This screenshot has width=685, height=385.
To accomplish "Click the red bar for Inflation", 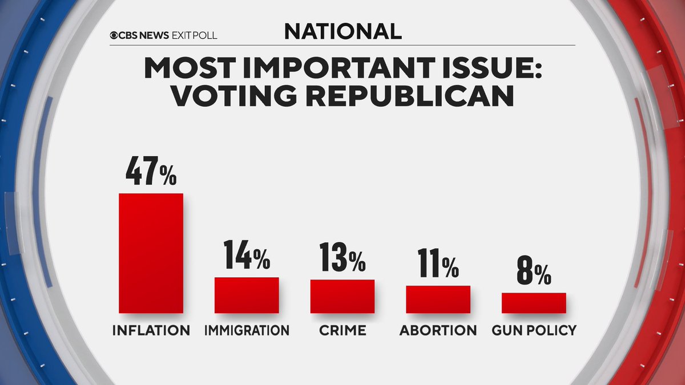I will point(151,253).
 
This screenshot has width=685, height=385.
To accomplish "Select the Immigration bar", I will point(247,295).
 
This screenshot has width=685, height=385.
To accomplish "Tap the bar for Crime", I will point(342,296).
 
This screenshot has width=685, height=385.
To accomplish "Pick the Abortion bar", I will point(438,299).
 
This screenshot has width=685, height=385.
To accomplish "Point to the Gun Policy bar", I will point(534,302).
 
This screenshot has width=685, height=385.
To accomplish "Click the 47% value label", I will point(151,172).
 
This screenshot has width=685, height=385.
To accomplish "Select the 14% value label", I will point(247,256).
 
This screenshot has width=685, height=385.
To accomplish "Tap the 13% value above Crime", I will point(342,258).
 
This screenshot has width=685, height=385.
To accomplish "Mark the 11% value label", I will point(438,264).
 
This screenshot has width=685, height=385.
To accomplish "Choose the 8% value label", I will point(534,271).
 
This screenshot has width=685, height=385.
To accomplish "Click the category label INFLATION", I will point(151,330).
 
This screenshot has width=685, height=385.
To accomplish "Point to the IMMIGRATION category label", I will point(247,330).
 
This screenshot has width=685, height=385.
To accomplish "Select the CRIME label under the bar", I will point(342,330).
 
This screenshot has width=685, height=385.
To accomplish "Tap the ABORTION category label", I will point(438,330).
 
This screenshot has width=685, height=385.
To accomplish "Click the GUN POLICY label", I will point(534,330).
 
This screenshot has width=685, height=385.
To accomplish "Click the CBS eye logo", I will point(115,35).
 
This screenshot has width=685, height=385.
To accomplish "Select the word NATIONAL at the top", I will point(342,32).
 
